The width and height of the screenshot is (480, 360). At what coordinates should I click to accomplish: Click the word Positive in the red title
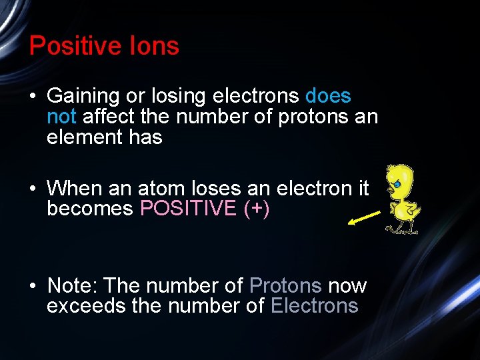pos(73,46)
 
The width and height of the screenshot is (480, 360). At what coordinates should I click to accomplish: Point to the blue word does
pos(328,96)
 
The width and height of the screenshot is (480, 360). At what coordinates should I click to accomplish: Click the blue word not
pos(62,117)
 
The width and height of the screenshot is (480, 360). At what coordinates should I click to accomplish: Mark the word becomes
pos(90,209)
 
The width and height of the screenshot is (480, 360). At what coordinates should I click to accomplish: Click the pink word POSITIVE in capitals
pos(188,209)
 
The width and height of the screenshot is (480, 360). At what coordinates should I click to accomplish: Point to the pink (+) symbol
pos(257,209)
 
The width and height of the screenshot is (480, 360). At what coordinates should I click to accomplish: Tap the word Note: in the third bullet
pos(73,286)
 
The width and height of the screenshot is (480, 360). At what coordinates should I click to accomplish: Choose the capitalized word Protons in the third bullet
pos(285,286)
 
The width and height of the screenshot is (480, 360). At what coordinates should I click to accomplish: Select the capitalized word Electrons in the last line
pos(314,306)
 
